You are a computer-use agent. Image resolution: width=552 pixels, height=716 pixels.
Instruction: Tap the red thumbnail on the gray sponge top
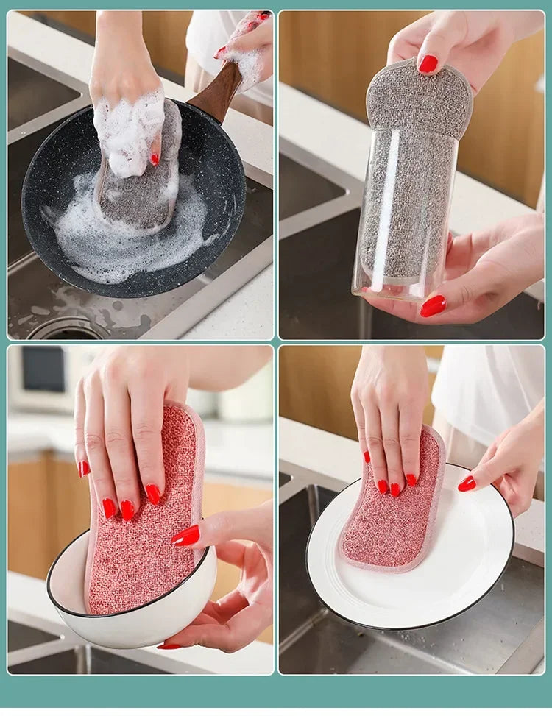tap(428, 64)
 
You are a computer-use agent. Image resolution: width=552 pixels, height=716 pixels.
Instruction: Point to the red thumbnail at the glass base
tap(434, 305)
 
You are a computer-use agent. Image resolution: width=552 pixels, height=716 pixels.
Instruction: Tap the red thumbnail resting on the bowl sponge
tap(185, 536)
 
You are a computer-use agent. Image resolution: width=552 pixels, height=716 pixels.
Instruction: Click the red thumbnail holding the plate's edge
tap(467, 483)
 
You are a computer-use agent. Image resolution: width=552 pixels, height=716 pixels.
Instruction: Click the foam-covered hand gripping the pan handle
tap(247, 48)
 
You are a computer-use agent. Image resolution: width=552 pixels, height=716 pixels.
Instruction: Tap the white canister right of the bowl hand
tap(247, 397)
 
